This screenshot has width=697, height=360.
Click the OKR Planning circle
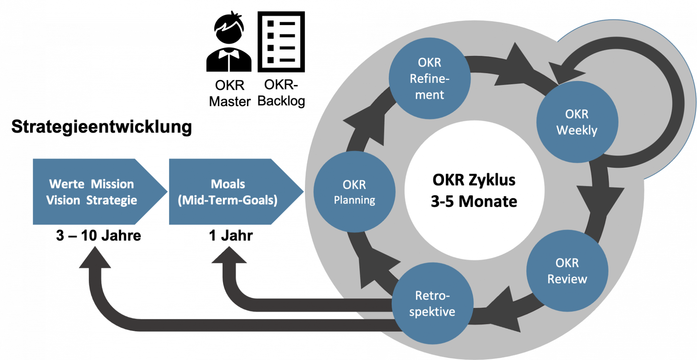354,192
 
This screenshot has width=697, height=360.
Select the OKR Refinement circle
429,78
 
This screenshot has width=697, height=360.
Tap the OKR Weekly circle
577,122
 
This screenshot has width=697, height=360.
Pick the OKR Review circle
567,271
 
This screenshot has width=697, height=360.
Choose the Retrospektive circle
432,304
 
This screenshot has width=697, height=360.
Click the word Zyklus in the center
492,180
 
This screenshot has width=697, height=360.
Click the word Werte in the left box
67,184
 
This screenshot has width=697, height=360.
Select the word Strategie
111,201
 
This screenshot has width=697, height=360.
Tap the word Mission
112,184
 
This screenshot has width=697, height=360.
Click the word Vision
63,201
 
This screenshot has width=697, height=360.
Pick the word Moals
228,184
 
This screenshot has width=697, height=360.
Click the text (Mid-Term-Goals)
228,201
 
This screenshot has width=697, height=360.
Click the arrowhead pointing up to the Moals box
229,256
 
